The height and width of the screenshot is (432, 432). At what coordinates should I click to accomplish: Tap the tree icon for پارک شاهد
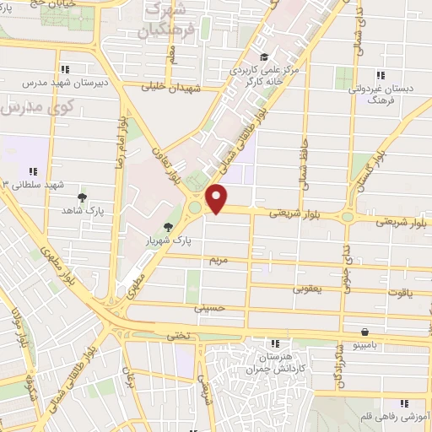(81, 196)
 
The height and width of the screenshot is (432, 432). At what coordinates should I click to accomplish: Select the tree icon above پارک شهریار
(168, 227)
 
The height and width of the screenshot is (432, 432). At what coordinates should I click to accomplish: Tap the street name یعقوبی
(308, 289)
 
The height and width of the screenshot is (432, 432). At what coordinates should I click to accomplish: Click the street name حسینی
(211, 310)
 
